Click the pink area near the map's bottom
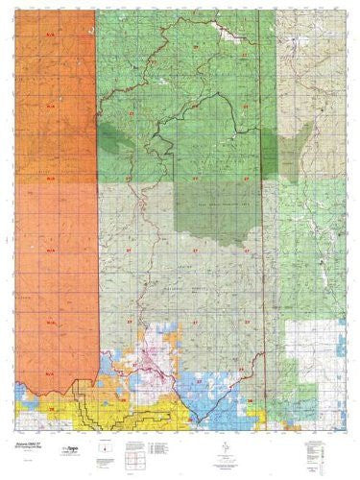(x=173, y=364)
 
